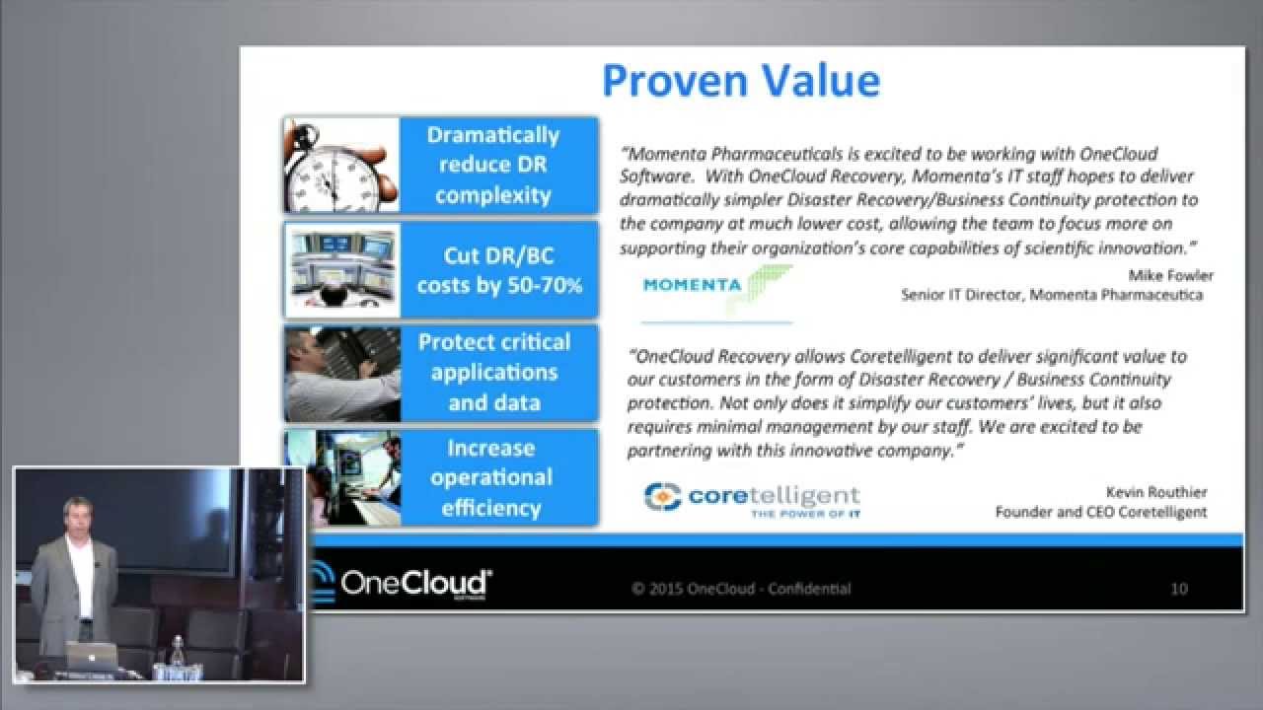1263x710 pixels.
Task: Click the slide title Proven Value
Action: [x=740, y=81]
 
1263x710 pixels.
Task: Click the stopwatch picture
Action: [x=341, y=165]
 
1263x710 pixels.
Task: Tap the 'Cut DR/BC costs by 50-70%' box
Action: [x=498, y=270]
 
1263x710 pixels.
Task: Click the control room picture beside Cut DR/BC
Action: [x=341, y=270]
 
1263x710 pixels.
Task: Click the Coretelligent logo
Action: [x=752, y=498]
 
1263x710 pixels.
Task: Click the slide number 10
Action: [x=1178, y=589]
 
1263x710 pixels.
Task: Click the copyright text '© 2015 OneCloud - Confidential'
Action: [x=741, y=589]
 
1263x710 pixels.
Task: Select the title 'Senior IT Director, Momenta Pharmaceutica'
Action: [x=1052, y=295]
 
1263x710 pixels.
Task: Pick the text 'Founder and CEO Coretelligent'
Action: [x=1100, y=512]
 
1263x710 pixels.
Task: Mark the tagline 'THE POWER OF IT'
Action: [x=804, y=514]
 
